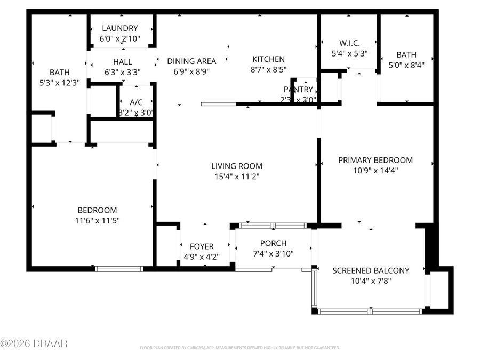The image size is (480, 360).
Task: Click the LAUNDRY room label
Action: tap(119, 28)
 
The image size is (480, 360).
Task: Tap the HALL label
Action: tap(122, 62)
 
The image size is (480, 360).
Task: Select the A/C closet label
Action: tap(136, 102)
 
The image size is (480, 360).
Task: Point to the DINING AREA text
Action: tap(191, 61)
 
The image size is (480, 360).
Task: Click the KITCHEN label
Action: tap(268, 59)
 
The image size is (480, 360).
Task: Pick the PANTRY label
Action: tap(298, 90)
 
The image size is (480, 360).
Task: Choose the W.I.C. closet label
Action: tap(349, 43)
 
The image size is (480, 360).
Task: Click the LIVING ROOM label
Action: tap(236, 166)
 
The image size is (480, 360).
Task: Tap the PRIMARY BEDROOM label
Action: tap(375, 160)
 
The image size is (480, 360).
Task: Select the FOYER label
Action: tap(202, 246)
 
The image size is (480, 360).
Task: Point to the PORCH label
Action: tap(273, 243)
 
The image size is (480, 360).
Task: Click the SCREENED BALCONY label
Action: tap(371, 270)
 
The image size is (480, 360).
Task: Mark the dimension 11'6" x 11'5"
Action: tap(97, 220)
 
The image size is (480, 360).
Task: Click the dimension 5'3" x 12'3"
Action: tap(59, 83)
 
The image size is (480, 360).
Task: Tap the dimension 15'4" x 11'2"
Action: tap(236, 177)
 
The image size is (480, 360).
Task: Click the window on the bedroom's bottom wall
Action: tap(119, 269)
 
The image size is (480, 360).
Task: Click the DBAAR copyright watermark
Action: tap(34, 343)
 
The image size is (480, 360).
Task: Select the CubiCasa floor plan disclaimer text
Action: tap(239, 348)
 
